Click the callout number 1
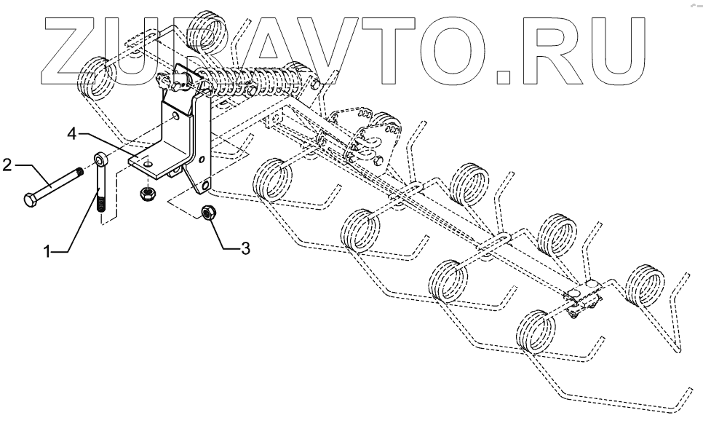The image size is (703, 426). click(x=47, y=251)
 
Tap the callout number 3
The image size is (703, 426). click(x=245, y=249)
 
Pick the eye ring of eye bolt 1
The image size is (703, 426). click(x=100, y=158)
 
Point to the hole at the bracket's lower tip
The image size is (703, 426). click(x=206, y=187)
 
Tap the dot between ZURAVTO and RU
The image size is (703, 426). click(x=506, y=73)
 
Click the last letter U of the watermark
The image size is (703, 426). click(x=610, y=47)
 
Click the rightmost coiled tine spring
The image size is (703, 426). click(x=645, y=285)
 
